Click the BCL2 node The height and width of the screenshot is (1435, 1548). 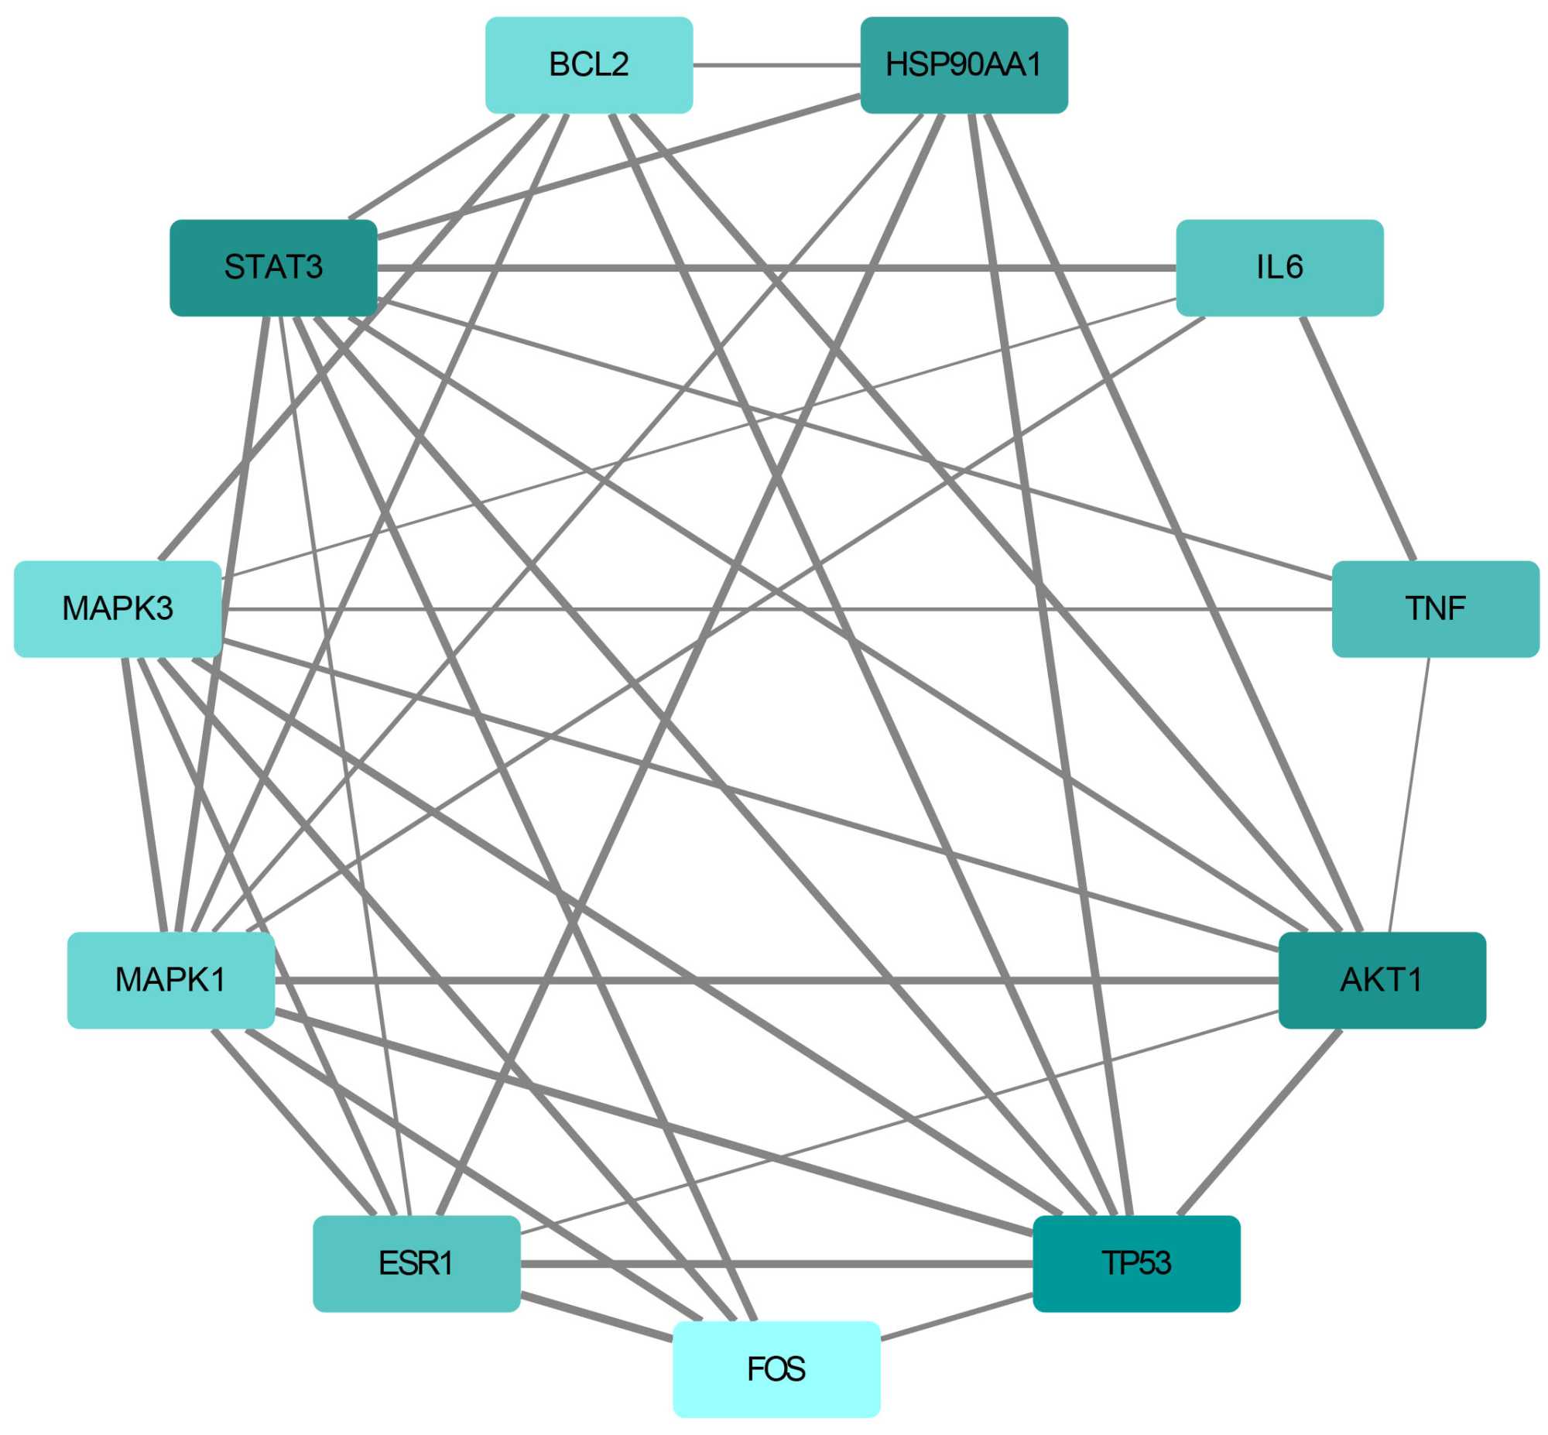[x=588, y=65]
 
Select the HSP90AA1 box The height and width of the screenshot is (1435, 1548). [x=964, y=65]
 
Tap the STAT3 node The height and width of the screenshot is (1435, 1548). [x=273, y=268]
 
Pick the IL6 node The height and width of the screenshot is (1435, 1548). [x=1279, y=268]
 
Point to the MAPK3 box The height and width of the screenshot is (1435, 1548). [x=118, y=609]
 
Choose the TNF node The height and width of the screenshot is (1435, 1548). [x=1435, y=609]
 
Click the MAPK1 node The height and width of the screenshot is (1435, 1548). [x=171, y=980]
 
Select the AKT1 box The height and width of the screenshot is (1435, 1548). [x=1381, y=980]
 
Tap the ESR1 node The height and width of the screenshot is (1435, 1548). [x=416, y=1263]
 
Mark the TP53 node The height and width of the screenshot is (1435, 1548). [x=1135, y=1263]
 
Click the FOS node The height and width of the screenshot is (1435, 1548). [x=776, y=1369]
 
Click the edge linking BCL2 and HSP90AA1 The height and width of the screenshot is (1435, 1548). [x=776, y=65]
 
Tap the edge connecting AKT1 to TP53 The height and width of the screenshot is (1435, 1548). [x=1259, y=1122]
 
